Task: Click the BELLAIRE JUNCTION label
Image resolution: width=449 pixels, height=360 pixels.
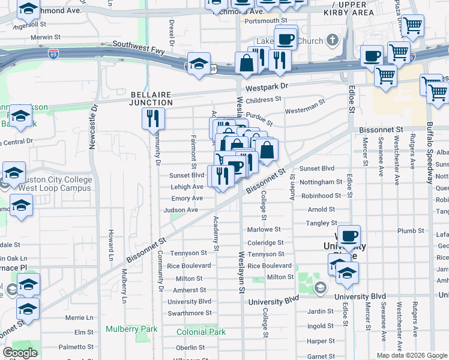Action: [152, 98]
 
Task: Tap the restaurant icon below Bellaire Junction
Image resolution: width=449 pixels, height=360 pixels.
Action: [154, 118]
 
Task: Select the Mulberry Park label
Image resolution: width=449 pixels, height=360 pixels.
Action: [131, 329]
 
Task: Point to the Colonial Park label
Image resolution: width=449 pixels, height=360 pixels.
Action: [201, 332]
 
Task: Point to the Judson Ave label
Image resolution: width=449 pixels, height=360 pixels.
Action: [181, 210]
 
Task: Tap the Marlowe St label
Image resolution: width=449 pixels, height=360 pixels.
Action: [264, 229]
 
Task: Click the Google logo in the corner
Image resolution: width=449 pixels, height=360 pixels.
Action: [20, 353]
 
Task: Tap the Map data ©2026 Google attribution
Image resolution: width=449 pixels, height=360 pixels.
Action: [412, 355]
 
